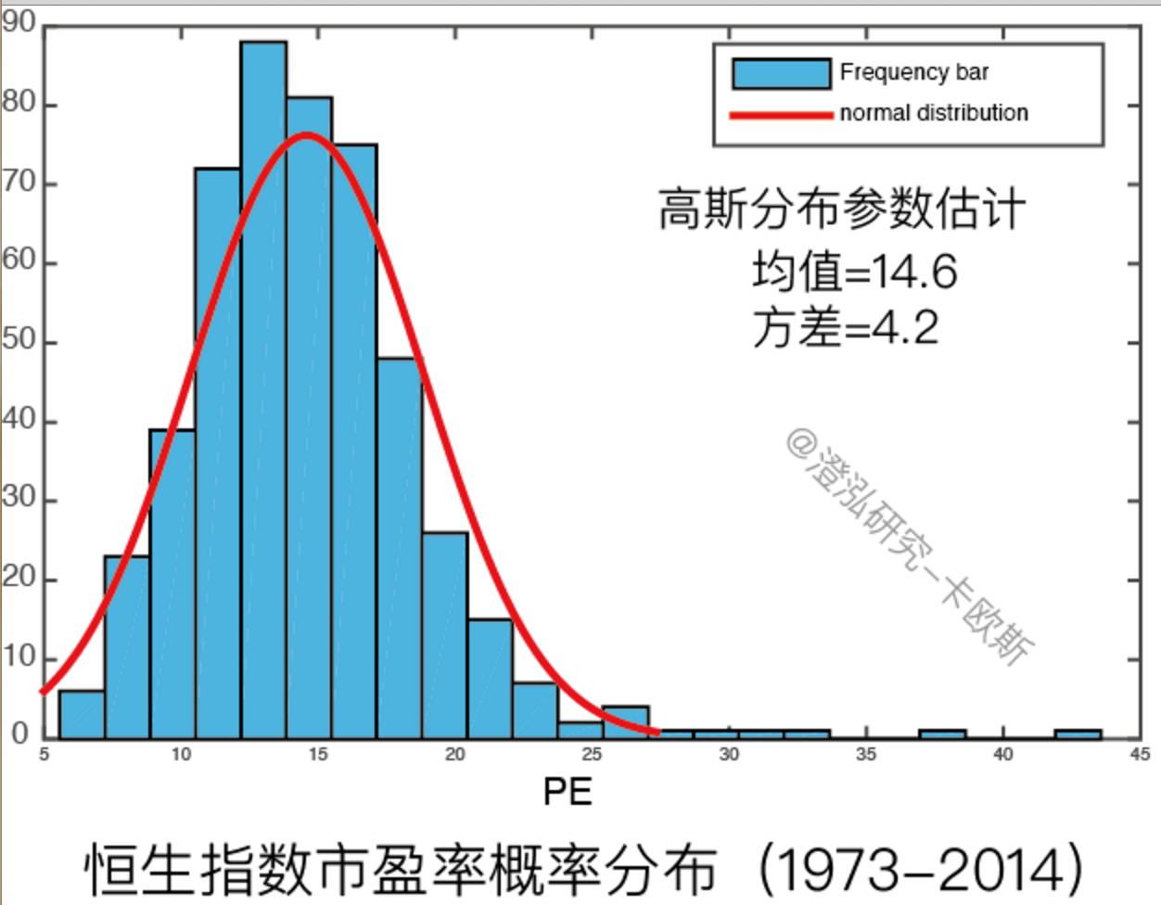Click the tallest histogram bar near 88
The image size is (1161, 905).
pyautogui.click(x=263, y=389)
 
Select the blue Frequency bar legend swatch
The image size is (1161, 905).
pyautogui.click(x=781, y=73)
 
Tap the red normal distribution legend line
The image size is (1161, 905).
pyautogui.click(x=781, y=115)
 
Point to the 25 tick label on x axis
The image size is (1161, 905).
pyautogui.click(x=592, y=755)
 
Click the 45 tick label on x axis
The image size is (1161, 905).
pyautogui.click(x=1140, y=755)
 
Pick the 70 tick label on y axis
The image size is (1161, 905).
pyautogui.click(x=19, y=182)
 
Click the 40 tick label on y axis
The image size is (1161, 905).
pyautogui.click(x=19, y=420)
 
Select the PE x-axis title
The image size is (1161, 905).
pyautogui.click(x=568, y=792)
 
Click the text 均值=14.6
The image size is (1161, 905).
pyautogui.click(x=854, y=272)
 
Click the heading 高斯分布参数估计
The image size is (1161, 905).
pyautogui.click(x=842, y=209)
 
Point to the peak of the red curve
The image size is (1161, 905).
pyautogui.click(x=308, y=134)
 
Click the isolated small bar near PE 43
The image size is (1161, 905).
pyautogui.click(x=1078, y=734)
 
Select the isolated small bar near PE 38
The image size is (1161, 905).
pyautogui.click(x=942, y=734)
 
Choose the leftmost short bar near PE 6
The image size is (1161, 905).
pyautogui.click(x=82, y=714)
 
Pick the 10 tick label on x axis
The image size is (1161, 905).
pyautogui.click(x=181, y=755)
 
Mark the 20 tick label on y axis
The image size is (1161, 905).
pyautogui.click(x=19, y=579)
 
